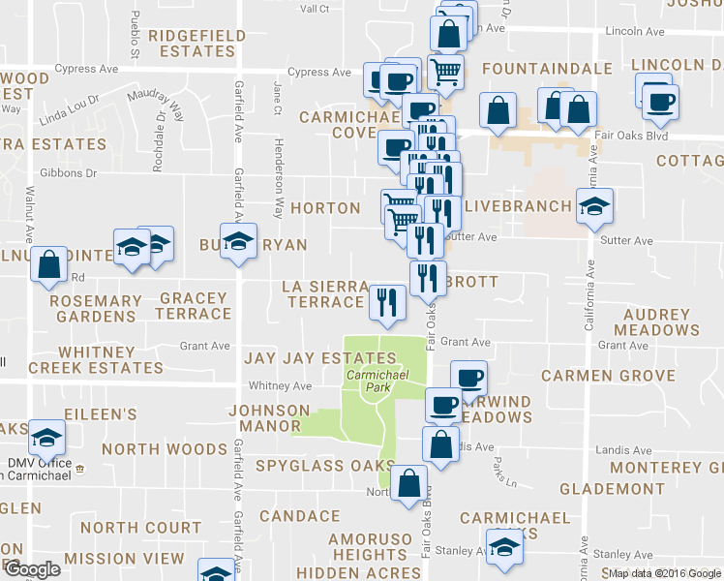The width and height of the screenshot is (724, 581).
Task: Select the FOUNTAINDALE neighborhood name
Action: (x=547, y=70)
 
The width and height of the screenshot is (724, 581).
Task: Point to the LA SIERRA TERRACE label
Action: (x=324, y=294)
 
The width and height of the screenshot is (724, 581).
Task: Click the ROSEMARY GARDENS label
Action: (x=94, y=309)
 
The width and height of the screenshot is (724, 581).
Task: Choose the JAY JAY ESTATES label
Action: (x=307, y=358)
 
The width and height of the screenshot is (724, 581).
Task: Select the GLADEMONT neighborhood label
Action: (x=621, y=488)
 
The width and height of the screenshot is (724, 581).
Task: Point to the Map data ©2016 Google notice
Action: (x=665, y=573)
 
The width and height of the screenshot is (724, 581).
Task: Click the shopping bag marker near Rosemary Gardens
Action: (x=48, y=263)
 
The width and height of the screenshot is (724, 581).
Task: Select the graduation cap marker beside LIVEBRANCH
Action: (x=594, y=205)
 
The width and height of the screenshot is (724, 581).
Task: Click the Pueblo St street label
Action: (x=136, y=32)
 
